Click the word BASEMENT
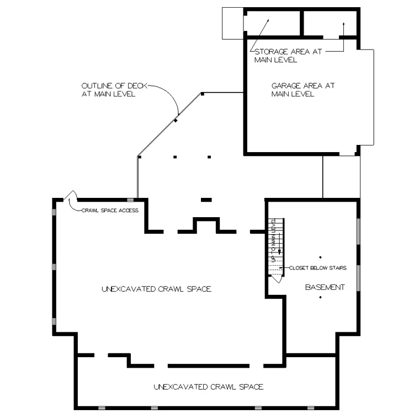point(325,287)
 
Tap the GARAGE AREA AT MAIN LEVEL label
point(303,90)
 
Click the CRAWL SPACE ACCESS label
point(110,210)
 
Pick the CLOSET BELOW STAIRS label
point(317,268)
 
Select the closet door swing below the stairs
point(277,278)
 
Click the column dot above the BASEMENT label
point(320,257)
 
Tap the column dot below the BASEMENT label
point(320,298)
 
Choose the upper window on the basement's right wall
point(358,234)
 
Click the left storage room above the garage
point(272,23)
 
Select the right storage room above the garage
point(330,23)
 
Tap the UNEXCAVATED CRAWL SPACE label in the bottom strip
point(208,387)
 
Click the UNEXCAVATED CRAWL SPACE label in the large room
point(156,289)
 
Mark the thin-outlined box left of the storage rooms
point(232,23)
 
